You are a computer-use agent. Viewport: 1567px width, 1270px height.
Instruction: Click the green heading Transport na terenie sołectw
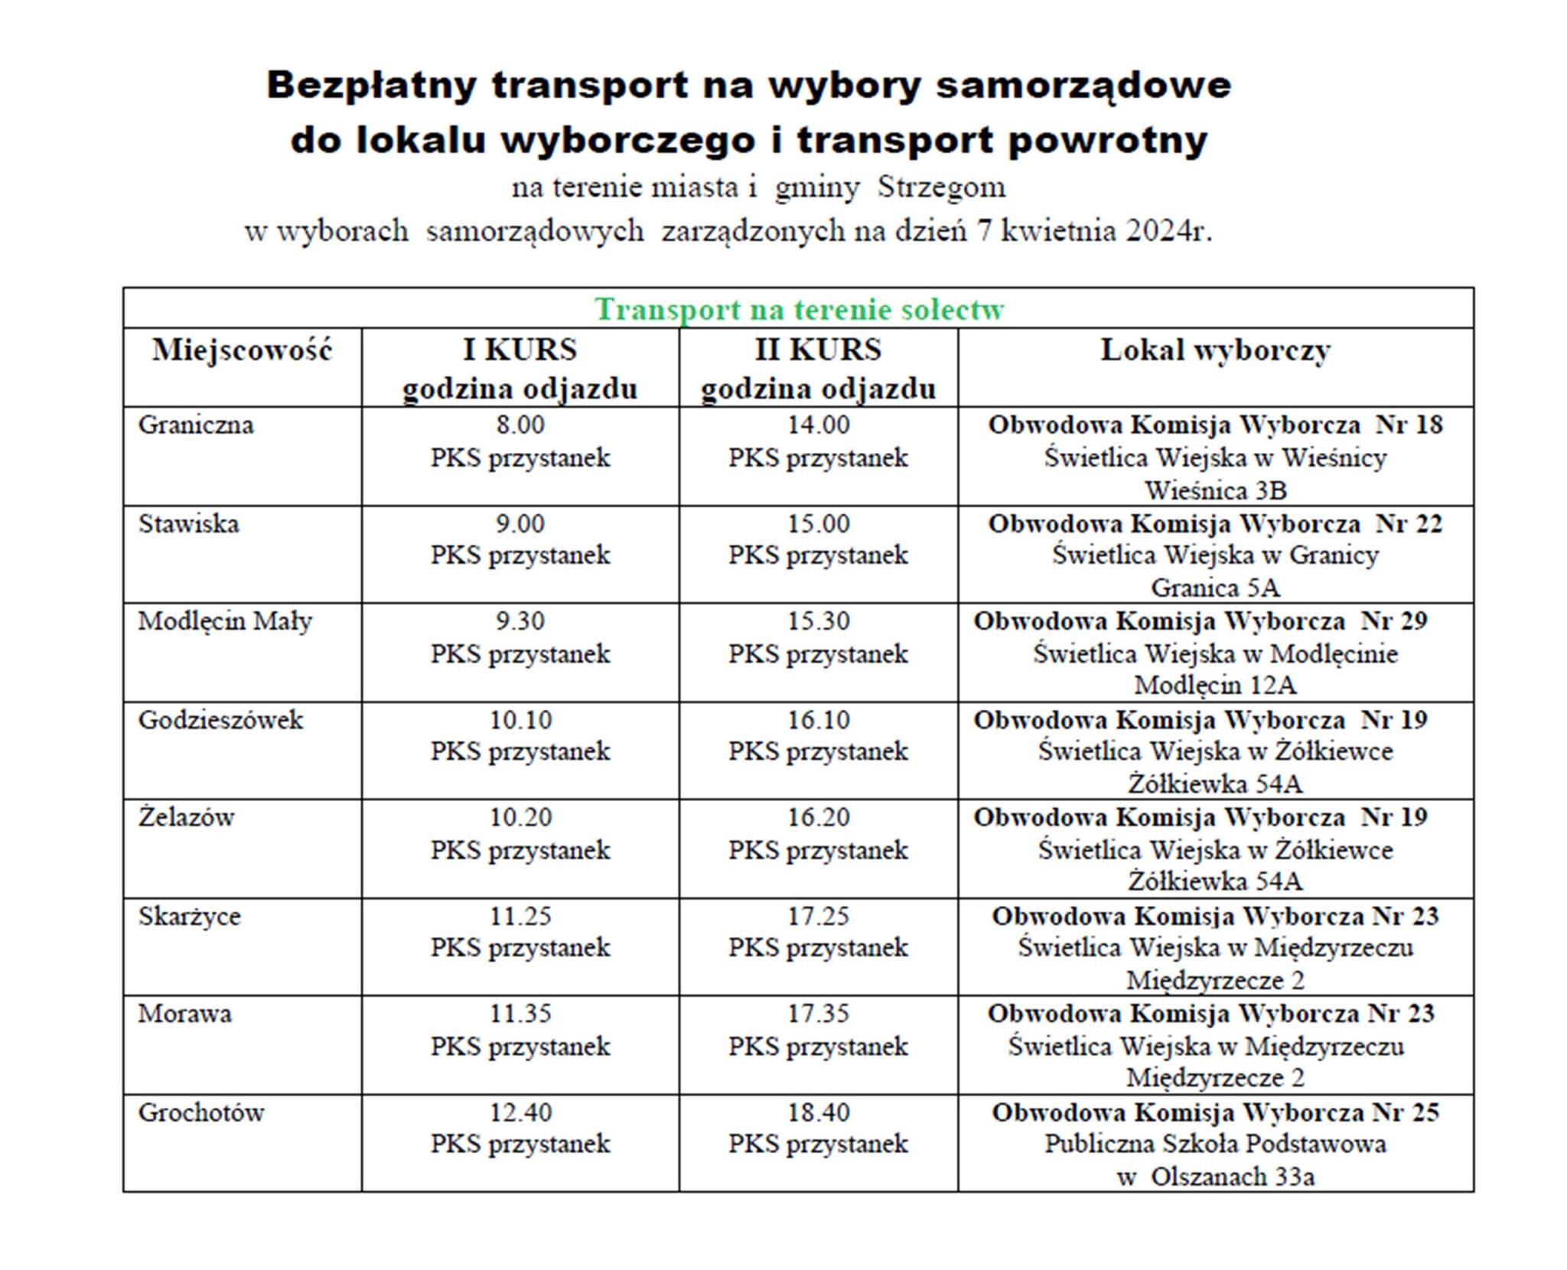pos(799,310)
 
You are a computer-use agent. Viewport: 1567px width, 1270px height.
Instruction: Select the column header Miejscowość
pos(242,350)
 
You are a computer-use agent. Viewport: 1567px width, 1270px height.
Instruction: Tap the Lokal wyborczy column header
pos(1215,350)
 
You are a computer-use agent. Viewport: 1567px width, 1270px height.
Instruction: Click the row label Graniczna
pos(196,425)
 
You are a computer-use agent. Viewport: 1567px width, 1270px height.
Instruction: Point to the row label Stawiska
pos(188,524)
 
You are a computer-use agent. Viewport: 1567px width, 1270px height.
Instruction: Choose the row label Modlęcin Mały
pos(225,621)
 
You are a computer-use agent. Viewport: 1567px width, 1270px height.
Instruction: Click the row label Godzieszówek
pos(220,720)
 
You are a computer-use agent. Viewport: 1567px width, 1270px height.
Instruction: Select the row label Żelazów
pos(186,817)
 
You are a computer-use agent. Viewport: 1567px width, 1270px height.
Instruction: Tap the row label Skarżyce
pos(189,916)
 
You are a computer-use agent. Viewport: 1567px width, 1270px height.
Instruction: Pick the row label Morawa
pos(184,1014)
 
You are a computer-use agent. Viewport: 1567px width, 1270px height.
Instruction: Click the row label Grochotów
pos(200,1112)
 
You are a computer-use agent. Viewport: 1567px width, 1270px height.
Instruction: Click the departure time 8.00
pos(520,425)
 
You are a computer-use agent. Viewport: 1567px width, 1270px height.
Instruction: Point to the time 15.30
pos(819,621)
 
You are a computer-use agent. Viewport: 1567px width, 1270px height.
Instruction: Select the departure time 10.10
pos(520,720)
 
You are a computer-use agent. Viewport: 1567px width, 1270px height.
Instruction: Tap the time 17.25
pos(819,916)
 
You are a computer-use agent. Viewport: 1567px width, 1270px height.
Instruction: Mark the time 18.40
pos(819,1112)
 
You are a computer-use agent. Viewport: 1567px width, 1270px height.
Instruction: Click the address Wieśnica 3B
pos(1215,490)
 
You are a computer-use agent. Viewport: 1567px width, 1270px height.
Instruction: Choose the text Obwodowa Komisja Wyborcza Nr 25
pos(1215,1112)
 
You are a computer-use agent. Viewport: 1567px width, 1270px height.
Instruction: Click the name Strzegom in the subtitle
pos(941,187)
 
